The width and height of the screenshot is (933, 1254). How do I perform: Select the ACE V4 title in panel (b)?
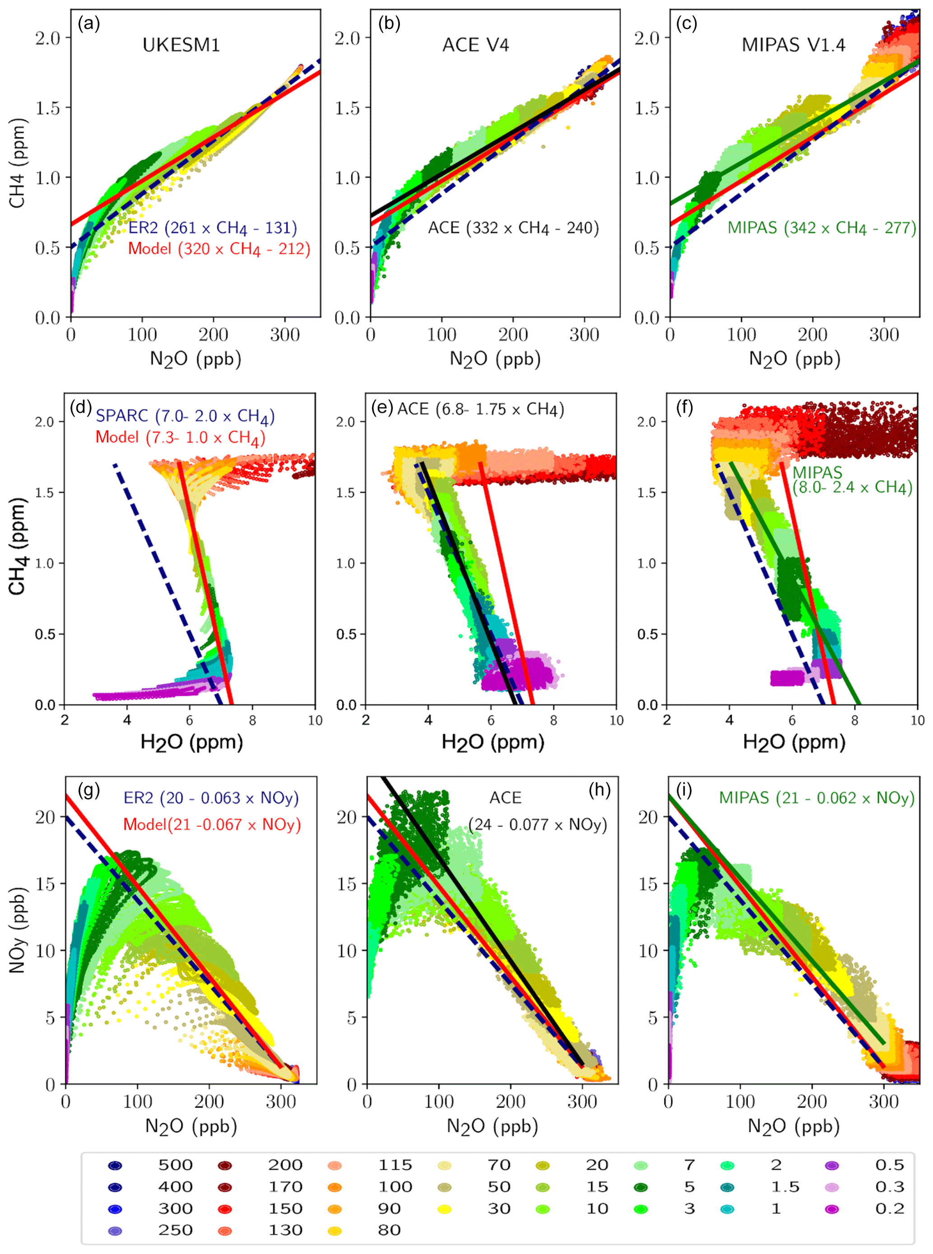(x=476, y=45)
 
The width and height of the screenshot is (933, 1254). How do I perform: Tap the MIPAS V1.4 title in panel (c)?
(x=793, y=45)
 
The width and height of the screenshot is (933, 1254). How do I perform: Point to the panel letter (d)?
(x=80, y=407)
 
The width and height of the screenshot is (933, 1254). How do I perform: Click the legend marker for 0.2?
(x=832, y=1209)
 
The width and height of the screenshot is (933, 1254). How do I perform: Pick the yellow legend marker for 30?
(x=445, y=1209)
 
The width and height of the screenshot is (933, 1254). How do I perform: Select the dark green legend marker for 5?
(x=640, y=1187)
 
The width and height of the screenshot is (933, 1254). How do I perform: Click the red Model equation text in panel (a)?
(x=219, y=249)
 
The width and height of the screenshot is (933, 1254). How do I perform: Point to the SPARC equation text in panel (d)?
(x=185, y=417)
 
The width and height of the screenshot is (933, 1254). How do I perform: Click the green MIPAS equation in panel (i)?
(x=817, y=798)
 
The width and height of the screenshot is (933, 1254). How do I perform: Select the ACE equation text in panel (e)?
(x=481, y=409)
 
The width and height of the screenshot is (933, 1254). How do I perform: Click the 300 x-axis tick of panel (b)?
(x=584, y=335)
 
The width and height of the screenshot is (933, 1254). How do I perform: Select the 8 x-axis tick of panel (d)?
(x=252, y=720)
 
